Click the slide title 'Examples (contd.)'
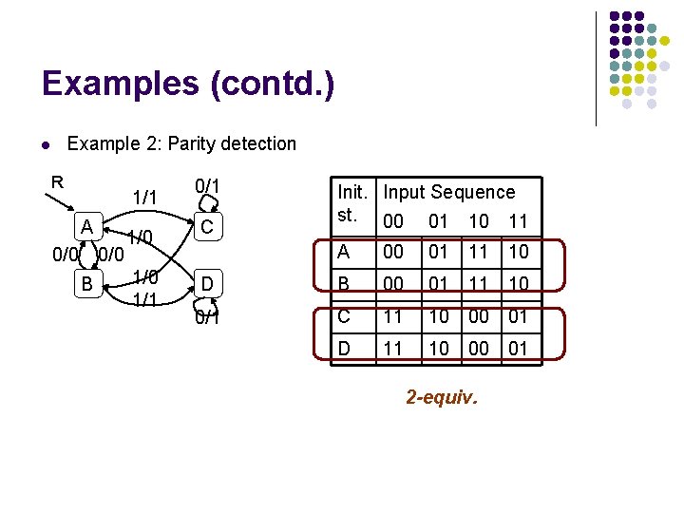point(188,84)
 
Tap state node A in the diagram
point(86,227)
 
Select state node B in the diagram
point(86,283)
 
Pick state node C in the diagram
point(206,228)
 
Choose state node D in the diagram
point(206,283)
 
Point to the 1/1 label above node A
point(144,197)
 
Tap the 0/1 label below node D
point(207,317)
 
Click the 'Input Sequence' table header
point(449,192)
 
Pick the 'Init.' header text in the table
point(352,192)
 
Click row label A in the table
point(344,253)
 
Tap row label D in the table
point(345,349)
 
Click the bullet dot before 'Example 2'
point(46,145)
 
